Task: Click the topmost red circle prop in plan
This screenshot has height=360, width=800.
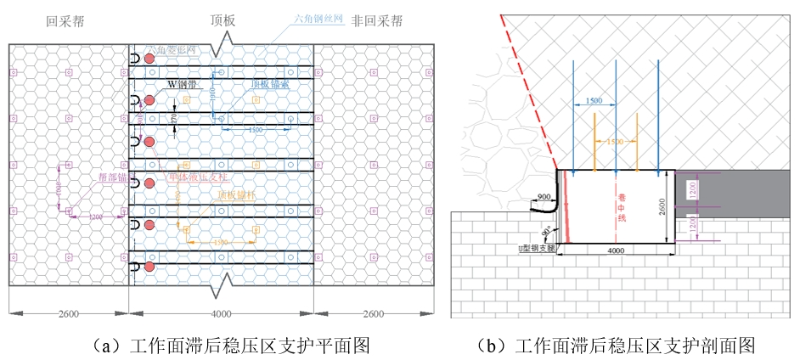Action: coord(149,58)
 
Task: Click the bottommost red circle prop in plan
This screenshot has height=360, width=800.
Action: coord(149,267)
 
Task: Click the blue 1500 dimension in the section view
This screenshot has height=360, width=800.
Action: coord(594,101)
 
